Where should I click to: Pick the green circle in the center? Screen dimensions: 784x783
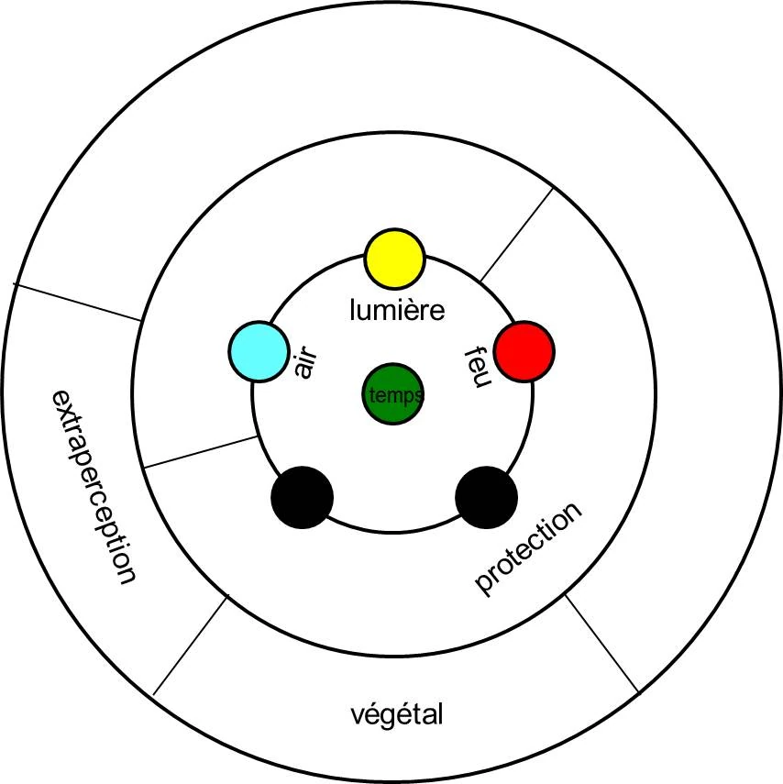point(392,395)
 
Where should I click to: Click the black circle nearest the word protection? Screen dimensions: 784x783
point(486,498)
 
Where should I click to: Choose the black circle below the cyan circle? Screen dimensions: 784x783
point(303,498)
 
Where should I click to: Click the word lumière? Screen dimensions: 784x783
point(397,310)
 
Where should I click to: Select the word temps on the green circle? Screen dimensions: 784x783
point(394,396)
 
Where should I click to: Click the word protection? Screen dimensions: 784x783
point(528,548)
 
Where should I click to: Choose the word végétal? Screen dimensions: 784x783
point(397,713)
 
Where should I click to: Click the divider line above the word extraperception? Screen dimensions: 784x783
point(78,303)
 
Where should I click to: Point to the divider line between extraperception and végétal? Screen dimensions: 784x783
point(190,646)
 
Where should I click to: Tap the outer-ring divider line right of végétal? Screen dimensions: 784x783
point(601,643)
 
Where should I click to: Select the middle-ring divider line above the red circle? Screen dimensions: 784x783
point(516,234)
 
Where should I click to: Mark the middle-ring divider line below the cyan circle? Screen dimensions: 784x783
point(202,453)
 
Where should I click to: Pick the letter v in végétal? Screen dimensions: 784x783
point(358,714)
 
